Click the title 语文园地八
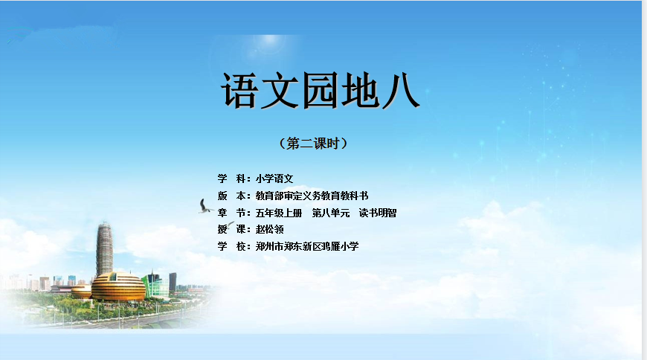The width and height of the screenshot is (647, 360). click(321, 91)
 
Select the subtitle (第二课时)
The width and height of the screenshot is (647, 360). click(313, 144)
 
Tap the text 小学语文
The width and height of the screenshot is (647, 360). click(274, 179)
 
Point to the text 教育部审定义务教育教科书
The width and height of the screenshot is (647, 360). click(312, 196)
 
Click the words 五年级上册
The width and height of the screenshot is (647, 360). click(279, 213)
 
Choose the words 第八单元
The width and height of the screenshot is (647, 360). click(331, 213)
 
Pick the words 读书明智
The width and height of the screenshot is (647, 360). click(378, 213)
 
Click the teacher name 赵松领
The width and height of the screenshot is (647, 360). click(269, 230)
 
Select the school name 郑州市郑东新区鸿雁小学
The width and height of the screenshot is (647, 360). click(307, 246)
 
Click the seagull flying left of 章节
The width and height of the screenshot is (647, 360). click(205, 207)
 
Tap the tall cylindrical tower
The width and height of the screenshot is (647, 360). click(104, 249)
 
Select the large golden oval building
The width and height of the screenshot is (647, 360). click(118, 286)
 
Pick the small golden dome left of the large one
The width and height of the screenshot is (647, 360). click(81, 291)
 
